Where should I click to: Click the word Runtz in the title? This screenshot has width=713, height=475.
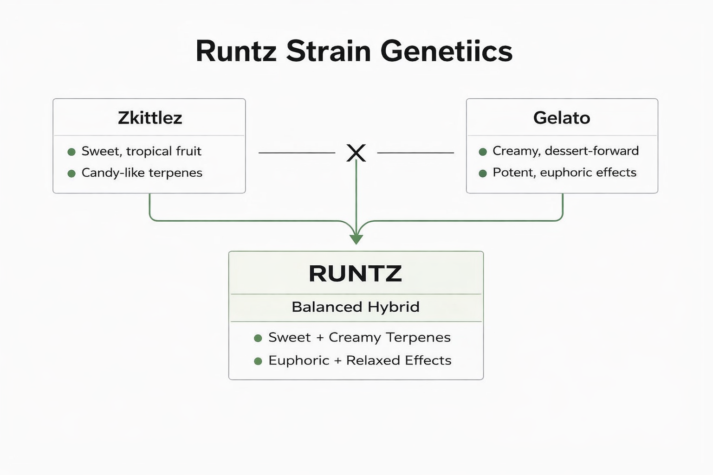(236, 51)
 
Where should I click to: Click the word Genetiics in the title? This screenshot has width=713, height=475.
(446, 51)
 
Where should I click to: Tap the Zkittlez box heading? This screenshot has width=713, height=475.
(149, 118)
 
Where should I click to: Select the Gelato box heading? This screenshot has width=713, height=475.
(561, 118)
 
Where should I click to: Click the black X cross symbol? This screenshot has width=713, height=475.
(356, 153)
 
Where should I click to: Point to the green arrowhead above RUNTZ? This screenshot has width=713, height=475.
(356, 239)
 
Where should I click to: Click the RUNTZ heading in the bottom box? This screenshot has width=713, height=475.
(355, 274)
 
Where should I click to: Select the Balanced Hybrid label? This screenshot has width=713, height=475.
(355, 307)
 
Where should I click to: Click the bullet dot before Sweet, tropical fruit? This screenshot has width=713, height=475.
(71, 152)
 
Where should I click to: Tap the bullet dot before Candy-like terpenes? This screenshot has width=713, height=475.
(71, 173)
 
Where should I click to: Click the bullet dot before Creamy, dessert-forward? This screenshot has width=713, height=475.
(483, 152)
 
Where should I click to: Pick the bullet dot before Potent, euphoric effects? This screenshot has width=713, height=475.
(483, 173)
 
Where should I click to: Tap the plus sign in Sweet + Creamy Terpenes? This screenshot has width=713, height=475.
(319, 338)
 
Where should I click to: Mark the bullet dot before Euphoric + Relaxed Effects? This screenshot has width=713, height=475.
(258, 361)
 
